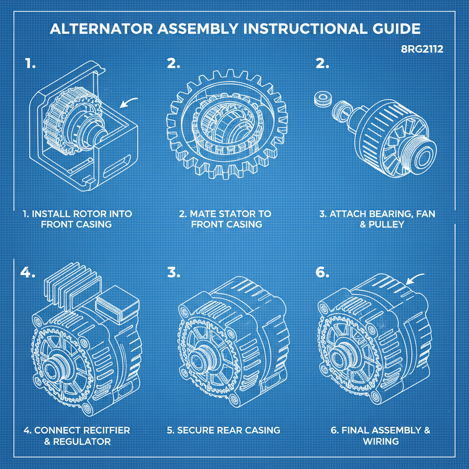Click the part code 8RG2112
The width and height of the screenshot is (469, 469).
click(422, 49)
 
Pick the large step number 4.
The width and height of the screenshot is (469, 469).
click(27, 272)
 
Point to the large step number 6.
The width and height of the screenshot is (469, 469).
click(322, 272)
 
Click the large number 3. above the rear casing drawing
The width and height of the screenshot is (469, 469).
click(174, 272)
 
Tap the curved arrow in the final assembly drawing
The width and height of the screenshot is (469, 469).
click(417, 278)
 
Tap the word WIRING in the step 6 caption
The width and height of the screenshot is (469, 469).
click(381, 441)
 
